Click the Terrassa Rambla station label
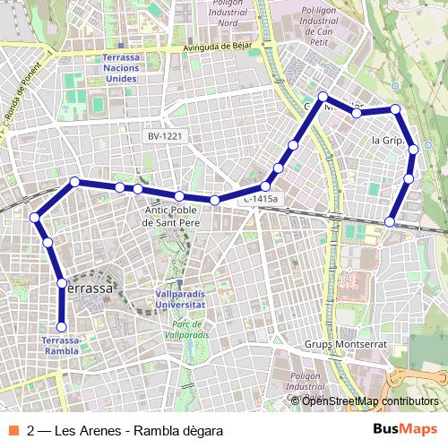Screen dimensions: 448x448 [61, 345]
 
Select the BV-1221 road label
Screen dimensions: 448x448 [166, 136]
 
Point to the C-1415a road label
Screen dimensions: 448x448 [261, 199]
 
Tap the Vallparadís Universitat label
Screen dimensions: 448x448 [180, 298]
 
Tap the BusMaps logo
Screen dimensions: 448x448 [406, 430]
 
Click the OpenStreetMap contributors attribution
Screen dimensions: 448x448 [370, 401]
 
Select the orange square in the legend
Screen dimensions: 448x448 [13, 430]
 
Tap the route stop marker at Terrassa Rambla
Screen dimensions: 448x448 [62, 327]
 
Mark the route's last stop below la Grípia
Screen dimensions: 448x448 [391, 221]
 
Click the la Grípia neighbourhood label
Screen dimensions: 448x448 [388, 141]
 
